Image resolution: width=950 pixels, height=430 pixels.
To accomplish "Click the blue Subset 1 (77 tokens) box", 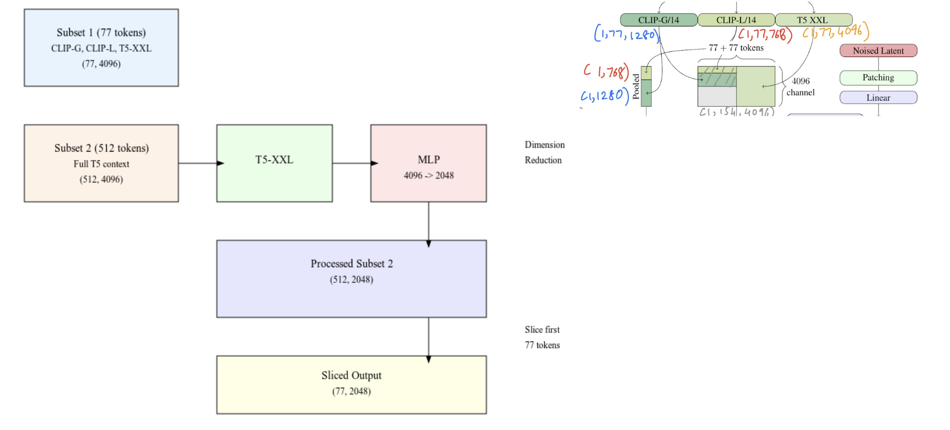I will (x=101, y=48).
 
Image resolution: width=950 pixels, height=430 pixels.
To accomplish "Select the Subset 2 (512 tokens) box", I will (x=101, y=163).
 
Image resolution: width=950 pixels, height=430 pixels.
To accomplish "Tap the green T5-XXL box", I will (x=274, y=163).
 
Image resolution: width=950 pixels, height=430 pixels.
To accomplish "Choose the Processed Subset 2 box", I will (x=351, y=279).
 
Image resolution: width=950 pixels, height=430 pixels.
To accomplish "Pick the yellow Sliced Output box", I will (x=351, y=385).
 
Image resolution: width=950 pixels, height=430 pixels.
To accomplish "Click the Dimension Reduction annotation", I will (x=544, y=153).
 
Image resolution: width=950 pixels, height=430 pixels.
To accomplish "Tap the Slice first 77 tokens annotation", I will (x=542, y=337).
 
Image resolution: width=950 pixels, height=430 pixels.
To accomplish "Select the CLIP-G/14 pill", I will (x=658, y=20).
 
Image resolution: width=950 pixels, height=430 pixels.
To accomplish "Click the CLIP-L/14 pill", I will (x=736, y=20).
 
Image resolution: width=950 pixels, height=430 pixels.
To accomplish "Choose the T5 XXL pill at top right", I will (x=813, y=20).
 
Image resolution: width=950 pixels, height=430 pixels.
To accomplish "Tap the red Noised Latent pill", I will (x=878, y=51).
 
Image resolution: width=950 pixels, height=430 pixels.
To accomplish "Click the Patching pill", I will (x=878, y=78).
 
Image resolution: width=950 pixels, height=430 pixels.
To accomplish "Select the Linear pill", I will (x=878, y=98).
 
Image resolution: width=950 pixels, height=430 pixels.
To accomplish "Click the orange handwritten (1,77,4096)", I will (x=835, y=32).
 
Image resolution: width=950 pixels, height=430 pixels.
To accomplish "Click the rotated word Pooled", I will (x=636, y=87).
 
